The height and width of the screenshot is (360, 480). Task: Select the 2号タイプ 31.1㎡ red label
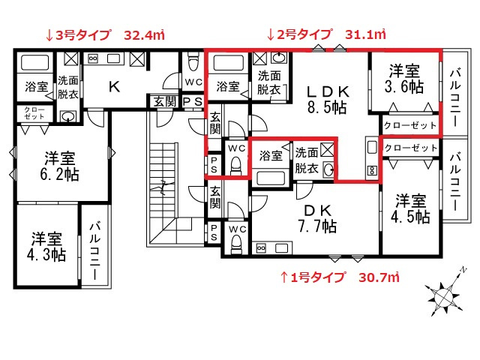coord(326,34)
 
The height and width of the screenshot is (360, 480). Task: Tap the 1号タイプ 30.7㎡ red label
coord(339,277)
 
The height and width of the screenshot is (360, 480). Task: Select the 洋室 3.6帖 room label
coord(404,79)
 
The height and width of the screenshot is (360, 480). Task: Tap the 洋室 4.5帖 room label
coord(412,209)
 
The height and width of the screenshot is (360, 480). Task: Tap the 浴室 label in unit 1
coord(271,157)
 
